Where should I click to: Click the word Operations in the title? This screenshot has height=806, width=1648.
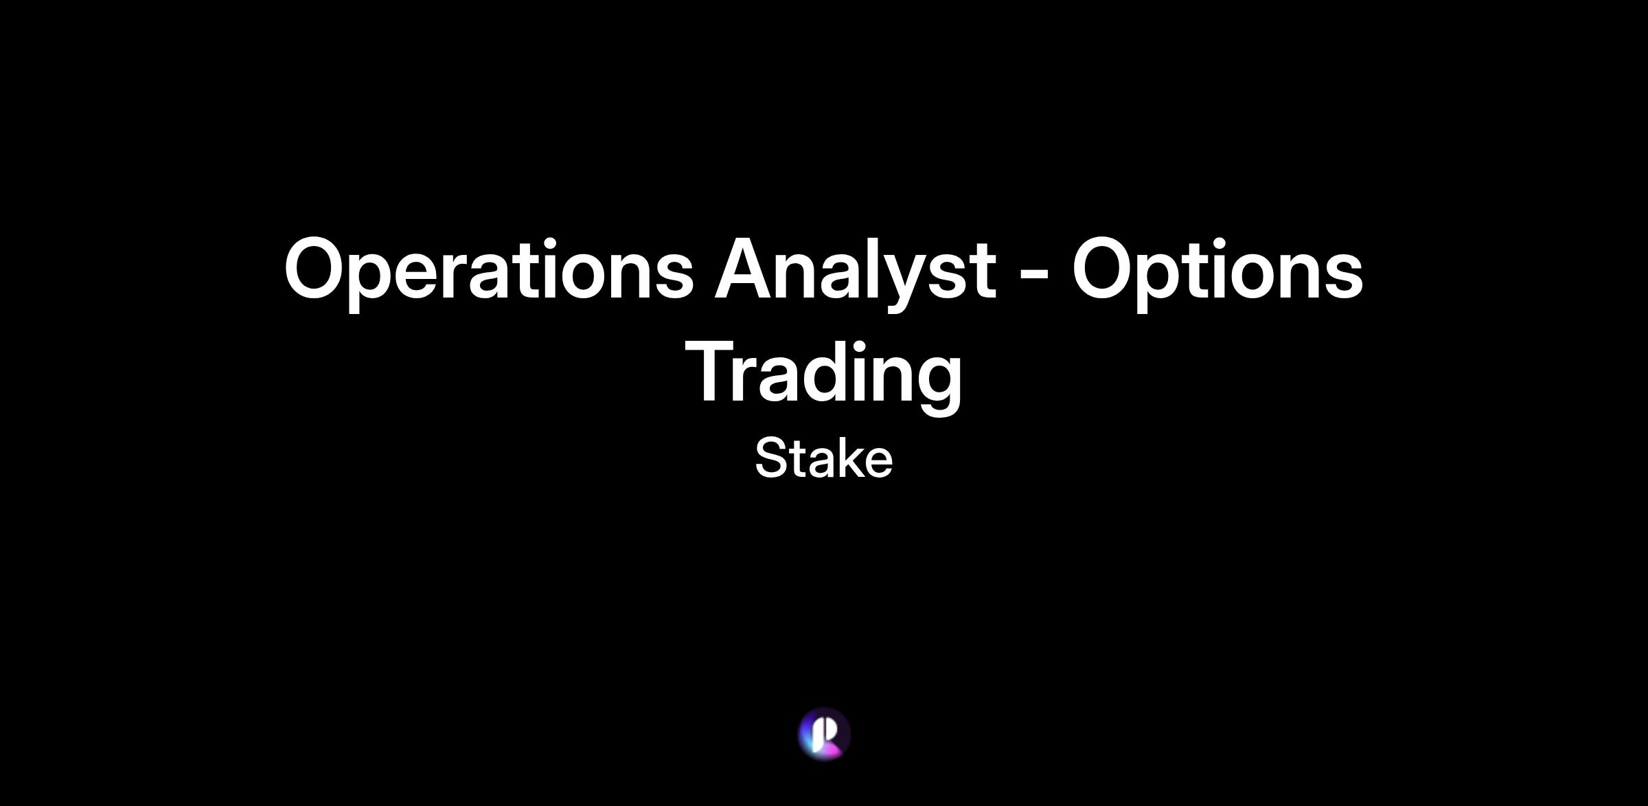[x=489, y=271]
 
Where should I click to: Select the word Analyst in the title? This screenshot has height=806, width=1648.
[x=855, y=271]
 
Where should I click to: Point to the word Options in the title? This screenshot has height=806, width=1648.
[x=1217, y=271]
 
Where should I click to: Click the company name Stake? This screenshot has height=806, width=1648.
[x=824, y=458]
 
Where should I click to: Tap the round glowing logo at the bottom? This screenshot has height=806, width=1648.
[x=824, y=734]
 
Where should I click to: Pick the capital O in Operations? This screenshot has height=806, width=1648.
[x=319, y=268]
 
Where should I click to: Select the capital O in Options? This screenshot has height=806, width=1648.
[x=1106, y=268]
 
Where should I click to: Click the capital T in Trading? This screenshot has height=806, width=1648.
[x=712, y=371]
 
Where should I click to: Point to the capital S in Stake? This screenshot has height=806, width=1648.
[x=770, y=458]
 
